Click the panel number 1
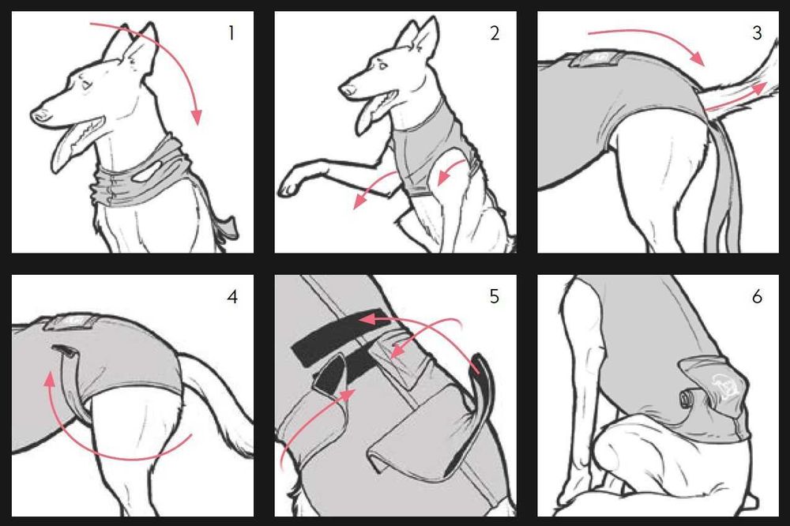pos(231,33)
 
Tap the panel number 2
pos(495,33)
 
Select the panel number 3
pos(757,33)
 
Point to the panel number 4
pos(231,297)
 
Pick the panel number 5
pos(495,297)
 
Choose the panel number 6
pos(758,297)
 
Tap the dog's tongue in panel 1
pos(65,148)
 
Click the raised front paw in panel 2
pos(291,186)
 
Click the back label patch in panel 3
pos(595,58)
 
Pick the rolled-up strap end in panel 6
pos(687,399)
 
